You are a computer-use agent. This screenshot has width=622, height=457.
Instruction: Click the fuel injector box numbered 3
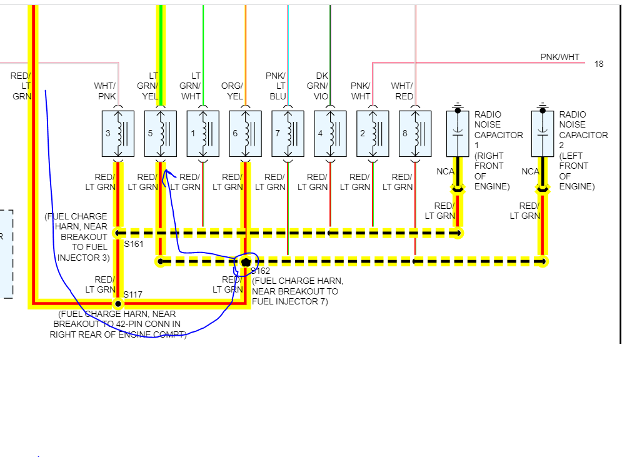pyautogui.click(x=118, y=134)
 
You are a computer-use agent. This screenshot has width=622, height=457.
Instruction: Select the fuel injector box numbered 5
pyautogui.click(x=160, y=134)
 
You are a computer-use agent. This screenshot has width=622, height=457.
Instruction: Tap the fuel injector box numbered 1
pyautogui.click(x=203, y=134)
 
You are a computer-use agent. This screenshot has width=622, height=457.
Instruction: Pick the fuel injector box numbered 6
pyautogui.click(x=245, y=134)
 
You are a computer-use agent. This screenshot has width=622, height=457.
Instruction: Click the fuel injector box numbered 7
pyautogui.click(x=288, y=134)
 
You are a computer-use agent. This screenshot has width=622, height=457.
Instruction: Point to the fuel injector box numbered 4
pyautogui.click(x=330, y=134)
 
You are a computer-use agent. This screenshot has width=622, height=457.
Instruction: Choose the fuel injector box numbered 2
pyautogui.click(x=373, y=134)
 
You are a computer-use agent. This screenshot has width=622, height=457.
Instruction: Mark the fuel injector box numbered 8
pyautogui.click(x=415, y=134)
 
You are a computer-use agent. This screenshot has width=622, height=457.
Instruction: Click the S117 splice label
pyautogui.click(x=133, y=294)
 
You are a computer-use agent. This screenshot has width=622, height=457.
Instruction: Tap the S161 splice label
pyautogui.click(x=134, y=244)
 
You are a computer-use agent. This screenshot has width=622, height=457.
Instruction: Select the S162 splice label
pyautogui.click(x=261, y=271)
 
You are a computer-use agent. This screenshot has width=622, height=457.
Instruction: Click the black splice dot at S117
pyautogui.click(x=118, y=303)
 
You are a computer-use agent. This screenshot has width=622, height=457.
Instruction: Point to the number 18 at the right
pyautogui.click(x=599, y=64)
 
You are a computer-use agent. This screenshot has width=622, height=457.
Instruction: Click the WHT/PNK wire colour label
pyautogui.click(x=105, y=91)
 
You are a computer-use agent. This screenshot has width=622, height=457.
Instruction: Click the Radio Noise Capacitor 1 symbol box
pyautogui.click(x=458, y=134)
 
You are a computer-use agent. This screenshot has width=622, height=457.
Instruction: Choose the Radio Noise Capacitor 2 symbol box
pyautogui.click(x=543, y=134)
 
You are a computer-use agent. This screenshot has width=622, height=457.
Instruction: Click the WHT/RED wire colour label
pyautogui.click(x=402, y=91)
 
